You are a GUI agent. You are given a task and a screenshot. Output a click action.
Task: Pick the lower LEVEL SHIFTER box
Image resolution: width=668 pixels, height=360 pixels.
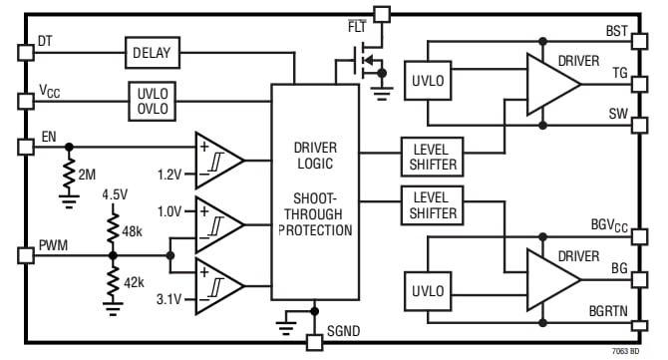[433, 204]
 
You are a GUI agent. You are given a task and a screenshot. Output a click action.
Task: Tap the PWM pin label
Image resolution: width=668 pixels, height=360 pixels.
[54, 244]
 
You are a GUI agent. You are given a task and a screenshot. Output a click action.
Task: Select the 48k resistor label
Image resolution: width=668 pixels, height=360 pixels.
[133, 232]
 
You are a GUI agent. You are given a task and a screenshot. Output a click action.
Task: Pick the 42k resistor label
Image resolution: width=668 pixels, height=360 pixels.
[133, 281]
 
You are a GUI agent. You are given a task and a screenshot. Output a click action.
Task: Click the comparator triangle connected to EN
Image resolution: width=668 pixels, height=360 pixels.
[216, 159]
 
